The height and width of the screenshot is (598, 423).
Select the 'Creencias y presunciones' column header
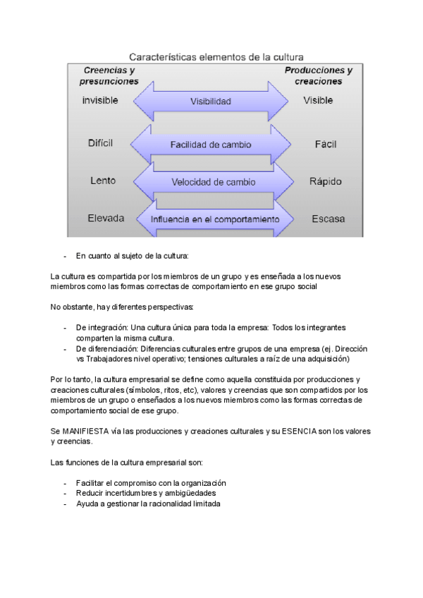[111, 75]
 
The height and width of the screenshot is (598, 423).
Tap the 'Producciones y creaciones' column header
[318, 75]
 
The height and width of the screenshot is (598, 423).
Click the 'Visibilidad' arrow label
[210, 102]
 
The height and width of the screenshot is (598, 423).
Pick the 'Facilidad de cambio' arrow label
[210, 145]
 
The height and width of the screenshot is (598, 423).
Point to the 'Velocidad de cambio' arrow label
[213, 182]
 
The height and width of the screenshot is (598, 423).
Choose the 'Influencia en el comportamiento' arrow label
[214, 219]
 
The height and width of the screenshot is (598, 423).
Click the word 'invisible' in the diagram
[100, 101]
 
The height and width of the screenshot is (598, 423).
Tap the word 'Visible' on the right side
[318, 101]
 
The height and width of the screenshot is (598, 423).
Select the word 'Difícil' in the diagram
[101, 143]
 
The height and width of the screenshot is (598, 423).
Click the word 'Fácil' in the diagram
[326, 144]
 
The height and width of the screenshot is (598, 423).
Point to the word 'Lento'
[103, 181]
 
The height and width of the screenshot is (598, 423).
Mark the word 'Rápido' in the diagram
[325, 181]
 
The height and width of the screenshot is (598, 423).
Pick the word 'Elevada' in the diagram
[106, 218]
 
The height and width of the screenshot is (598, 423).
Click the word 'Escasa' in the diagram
[328, 219]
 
